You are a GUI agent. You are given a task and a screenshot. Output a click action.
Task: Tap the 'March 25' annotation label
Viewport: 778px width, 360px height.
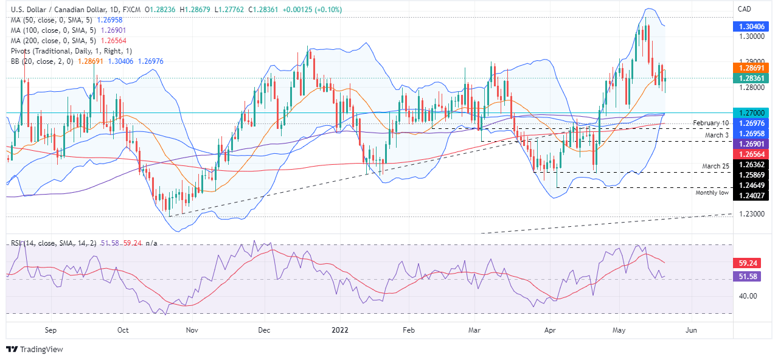(x=716, y=166)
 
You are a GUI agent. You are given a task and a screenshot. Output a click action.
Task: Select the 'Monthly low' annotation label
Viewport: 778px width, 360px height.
(x=712, y=192)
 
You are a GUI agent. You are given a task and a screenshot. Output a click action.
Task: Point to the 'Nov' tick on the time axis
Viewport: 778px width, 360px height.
(x=192, y=330)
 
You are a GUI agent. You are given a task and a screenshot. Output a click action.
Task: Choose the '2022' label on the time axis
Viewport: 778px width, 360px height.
(x=339, y=330)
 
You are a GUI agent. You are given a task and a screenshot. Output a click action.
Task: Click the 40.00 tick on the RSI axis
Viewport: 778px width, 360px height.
(x=748, y=296)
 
